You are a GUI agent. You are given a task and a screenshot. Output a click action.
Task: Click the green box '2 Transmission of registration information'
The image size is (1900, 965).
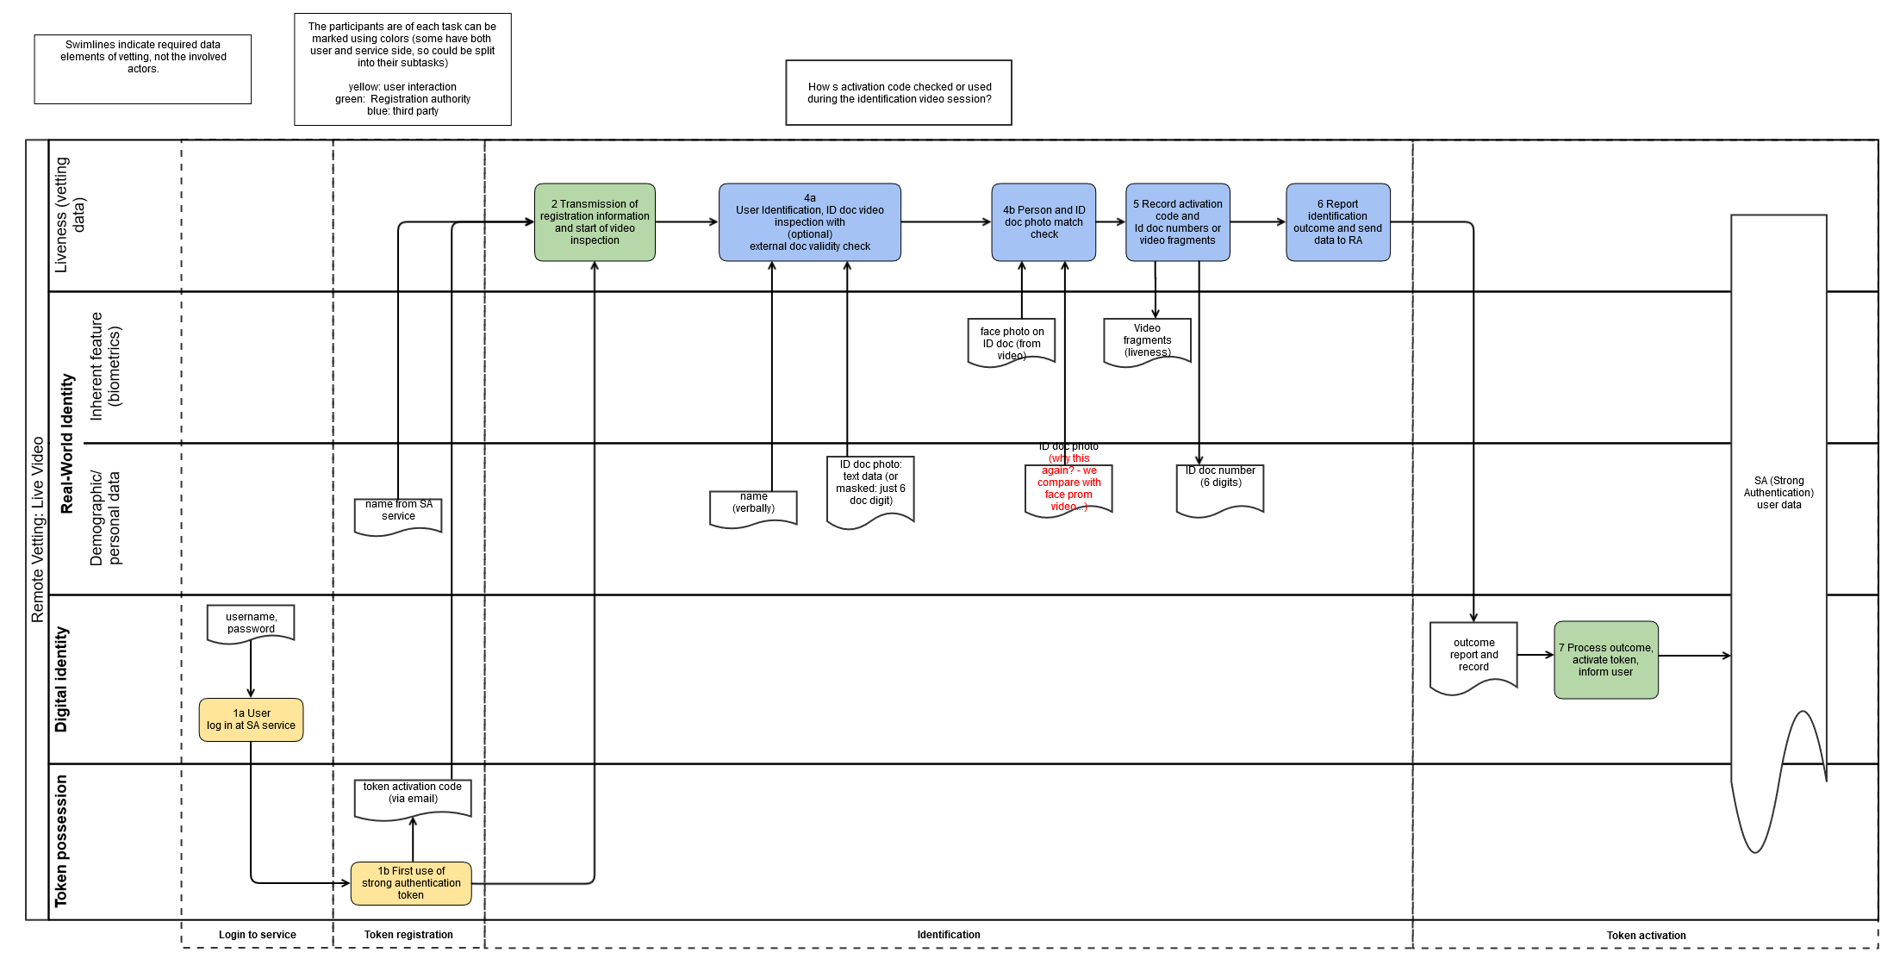[x=595, y=222]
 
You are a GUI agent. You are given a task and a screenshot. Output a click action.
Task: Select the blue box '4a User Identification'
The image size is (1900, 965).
[x=810, y=222]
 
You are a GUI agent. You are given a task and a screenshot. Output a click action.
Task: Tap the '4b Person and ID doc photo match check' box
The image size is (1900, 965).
[x=1043, y=222]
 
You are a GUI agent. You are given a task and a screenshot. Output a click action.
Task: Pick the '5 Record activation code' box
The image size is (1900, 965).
[x=1178, y=222]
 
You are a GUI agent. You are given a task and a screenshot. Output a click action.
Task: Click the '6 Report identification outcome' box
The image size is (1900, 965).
[x=1338, y=222]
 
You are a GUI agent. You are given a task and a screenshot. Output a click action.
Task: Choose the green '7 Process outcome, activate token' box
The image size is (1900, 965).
[x=1606, y=660]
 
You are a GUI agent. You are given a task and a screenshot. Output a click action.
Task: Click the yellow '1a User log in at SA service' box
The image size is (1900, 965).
[x=251, y=719]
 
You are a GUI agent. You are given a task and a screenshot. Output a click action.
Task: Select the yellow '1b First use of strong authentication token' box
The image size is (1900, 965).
[x=411, y=883]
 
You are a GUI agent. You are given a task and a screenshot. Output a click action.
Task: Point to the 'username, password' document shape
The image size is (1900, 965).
[x=251, y=624]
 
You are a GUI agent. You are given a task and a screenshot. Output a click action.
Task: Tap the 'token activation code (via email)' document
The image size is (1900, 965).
[x=413, y=800]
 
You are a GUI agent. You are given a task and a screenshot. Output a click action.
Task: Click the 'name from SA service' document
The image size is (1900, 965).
[x=398, y=516]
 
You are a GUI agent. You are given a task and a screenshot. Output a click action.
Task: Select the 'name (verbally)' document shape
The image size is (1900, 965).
[x=753, y=508]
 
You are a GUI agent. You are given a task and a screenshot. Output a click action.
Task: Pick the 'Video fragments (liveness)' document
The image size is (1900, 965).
[x=1148, y=342]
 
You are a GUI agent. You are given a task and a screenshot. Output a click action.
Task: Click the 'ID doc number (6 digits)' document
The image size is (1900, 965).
[x=1220, y=490]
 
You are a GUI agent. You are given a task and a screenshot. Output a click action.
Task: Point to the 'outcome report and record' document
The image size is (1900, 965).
[x=1473, y=657]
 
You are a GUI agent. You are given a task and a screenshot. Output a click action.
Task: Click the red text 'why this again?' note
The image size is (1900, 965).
[x=1068, y=482]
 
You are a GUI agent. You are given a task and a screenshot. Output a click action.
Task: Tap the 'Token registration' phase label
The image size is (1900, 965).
[x=408, y=935]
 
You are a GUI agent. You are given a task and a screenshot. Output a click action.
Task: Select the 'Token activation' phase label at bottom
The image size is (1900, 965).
[x=1646, y=936]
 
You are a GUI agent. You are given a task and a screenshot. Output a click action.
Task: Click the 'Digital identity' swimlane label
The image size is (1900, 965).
[x=61, y=680]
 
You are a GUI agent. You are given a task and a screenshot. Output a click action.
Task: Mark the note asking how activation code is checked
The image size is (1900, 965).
[x=899, y=93]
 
